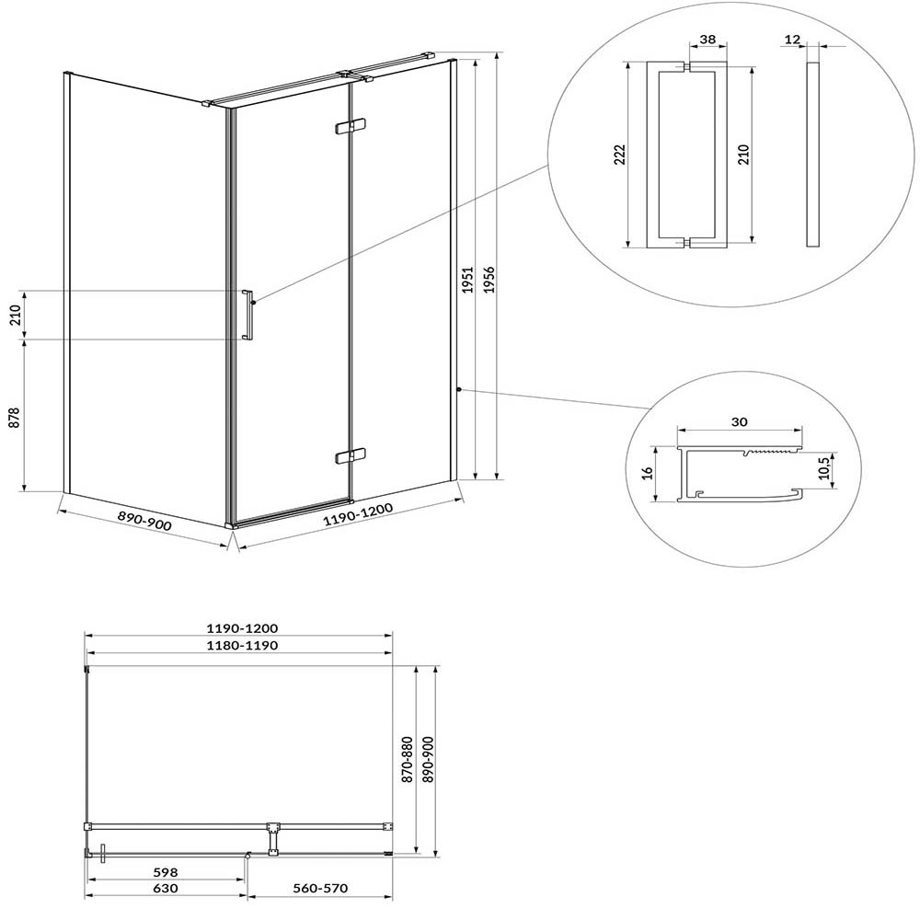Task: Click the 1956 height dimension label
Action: tap(489, 280)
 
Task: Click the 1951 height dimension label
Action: tap(467, 280)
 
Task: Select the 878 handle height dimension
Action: tap(15, 418)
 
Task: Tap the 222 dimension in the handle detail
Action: tap(620, 155)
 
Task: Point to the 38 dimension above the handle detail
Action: tap(708, 40)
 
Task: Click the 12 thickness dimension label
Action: tap(792, 40)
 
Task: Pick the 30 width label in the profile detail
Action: tap(740, 422)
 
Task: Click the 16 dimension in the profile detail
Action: tap(647, 473)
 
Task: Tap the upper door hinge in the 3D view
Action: tap(350, 127)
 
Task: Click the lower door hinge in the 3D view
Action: tap(350, 455)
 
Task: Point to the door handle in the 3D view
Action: tap(247, 315)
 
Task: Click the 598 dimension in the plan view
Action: tap(165, 873)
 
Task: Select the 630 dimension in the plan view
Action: tap(165, 889)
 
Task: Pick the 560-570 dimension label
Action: tap(320, 889)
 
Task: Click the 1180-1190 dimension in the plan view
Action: tap(242, 646)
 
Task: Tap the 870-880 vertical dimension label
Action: tap(408, 760)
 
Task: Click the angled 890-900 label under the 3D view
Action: tap(145, 521)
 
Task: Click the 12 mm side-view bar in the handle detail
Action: tap(812, 154)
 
